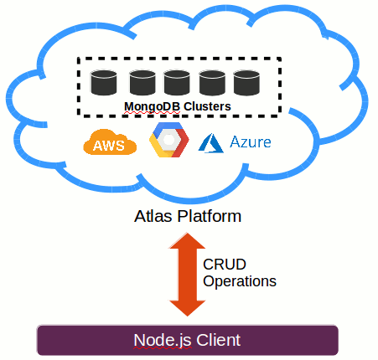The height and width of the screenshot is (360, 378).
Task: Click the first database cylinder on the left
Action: [x=104, y=82]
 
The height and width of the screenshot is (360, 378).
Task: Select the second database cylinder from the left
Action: [x=142, y=82]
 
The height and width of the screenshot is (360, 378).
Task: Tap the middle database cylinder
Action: [x=177, y=82]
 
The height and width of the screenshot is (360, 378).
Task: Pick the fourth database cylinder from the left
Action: [x=212, y=82]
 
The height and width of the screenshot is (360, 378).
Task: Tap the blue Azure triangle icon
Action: [x=209, y=143]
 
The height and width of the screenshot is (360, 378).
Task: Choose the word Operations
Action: [x=240, y=281]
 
